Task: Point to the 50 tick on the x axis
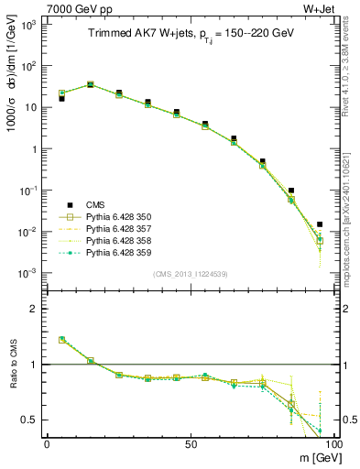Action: point(190,443)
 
